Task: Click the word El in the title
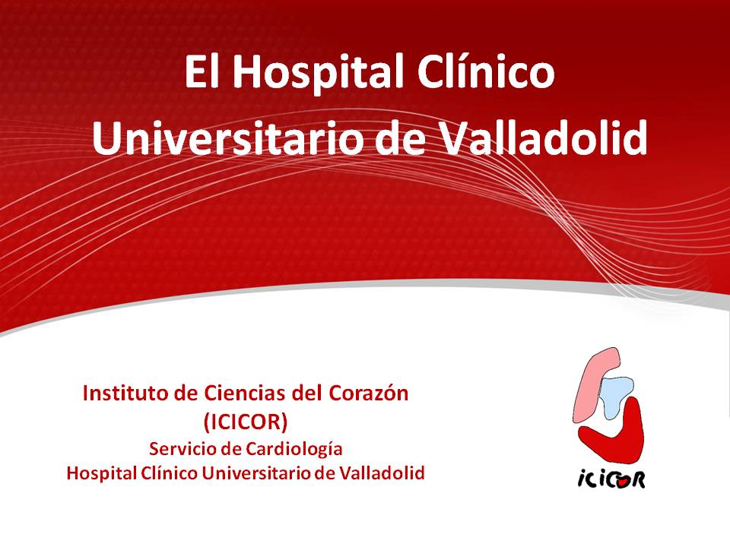202,71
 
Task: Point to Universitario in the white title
227,138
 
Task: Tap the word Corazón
369,394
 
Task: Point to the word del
306,394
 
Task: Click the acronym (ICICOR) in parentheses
246,422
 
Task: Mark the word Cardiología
294,450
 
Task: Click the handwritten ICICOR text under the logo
611,478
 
